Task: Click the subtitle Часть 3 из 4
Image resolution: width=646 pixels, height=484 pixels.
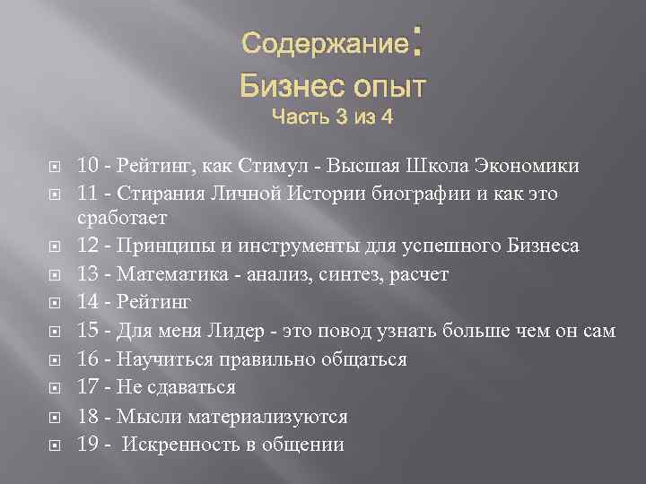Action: tap(332, 117)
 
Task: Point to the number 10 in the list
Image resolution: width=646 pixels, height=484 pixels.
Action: tap(88, 166)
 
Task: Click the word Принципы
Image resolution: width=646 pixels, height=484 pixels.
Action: tap(158, 246)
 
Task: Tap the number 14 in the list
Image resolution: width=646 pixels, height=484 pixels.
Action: tap(88, 303)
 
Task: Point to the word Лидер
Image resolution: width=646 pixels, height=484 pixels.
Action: tap(248, 332)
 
